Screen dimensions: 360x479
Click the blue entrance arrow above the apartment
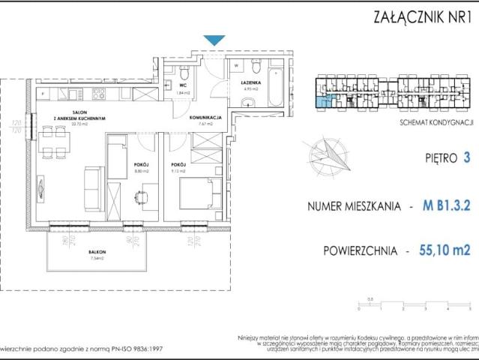coord(214,40)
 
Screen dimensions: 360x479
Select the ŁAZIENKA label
coord(250,83)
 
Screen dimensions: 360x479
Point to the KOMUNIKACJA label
coord(205,118)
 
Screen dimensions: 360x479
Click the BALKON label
coord(96,253)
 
